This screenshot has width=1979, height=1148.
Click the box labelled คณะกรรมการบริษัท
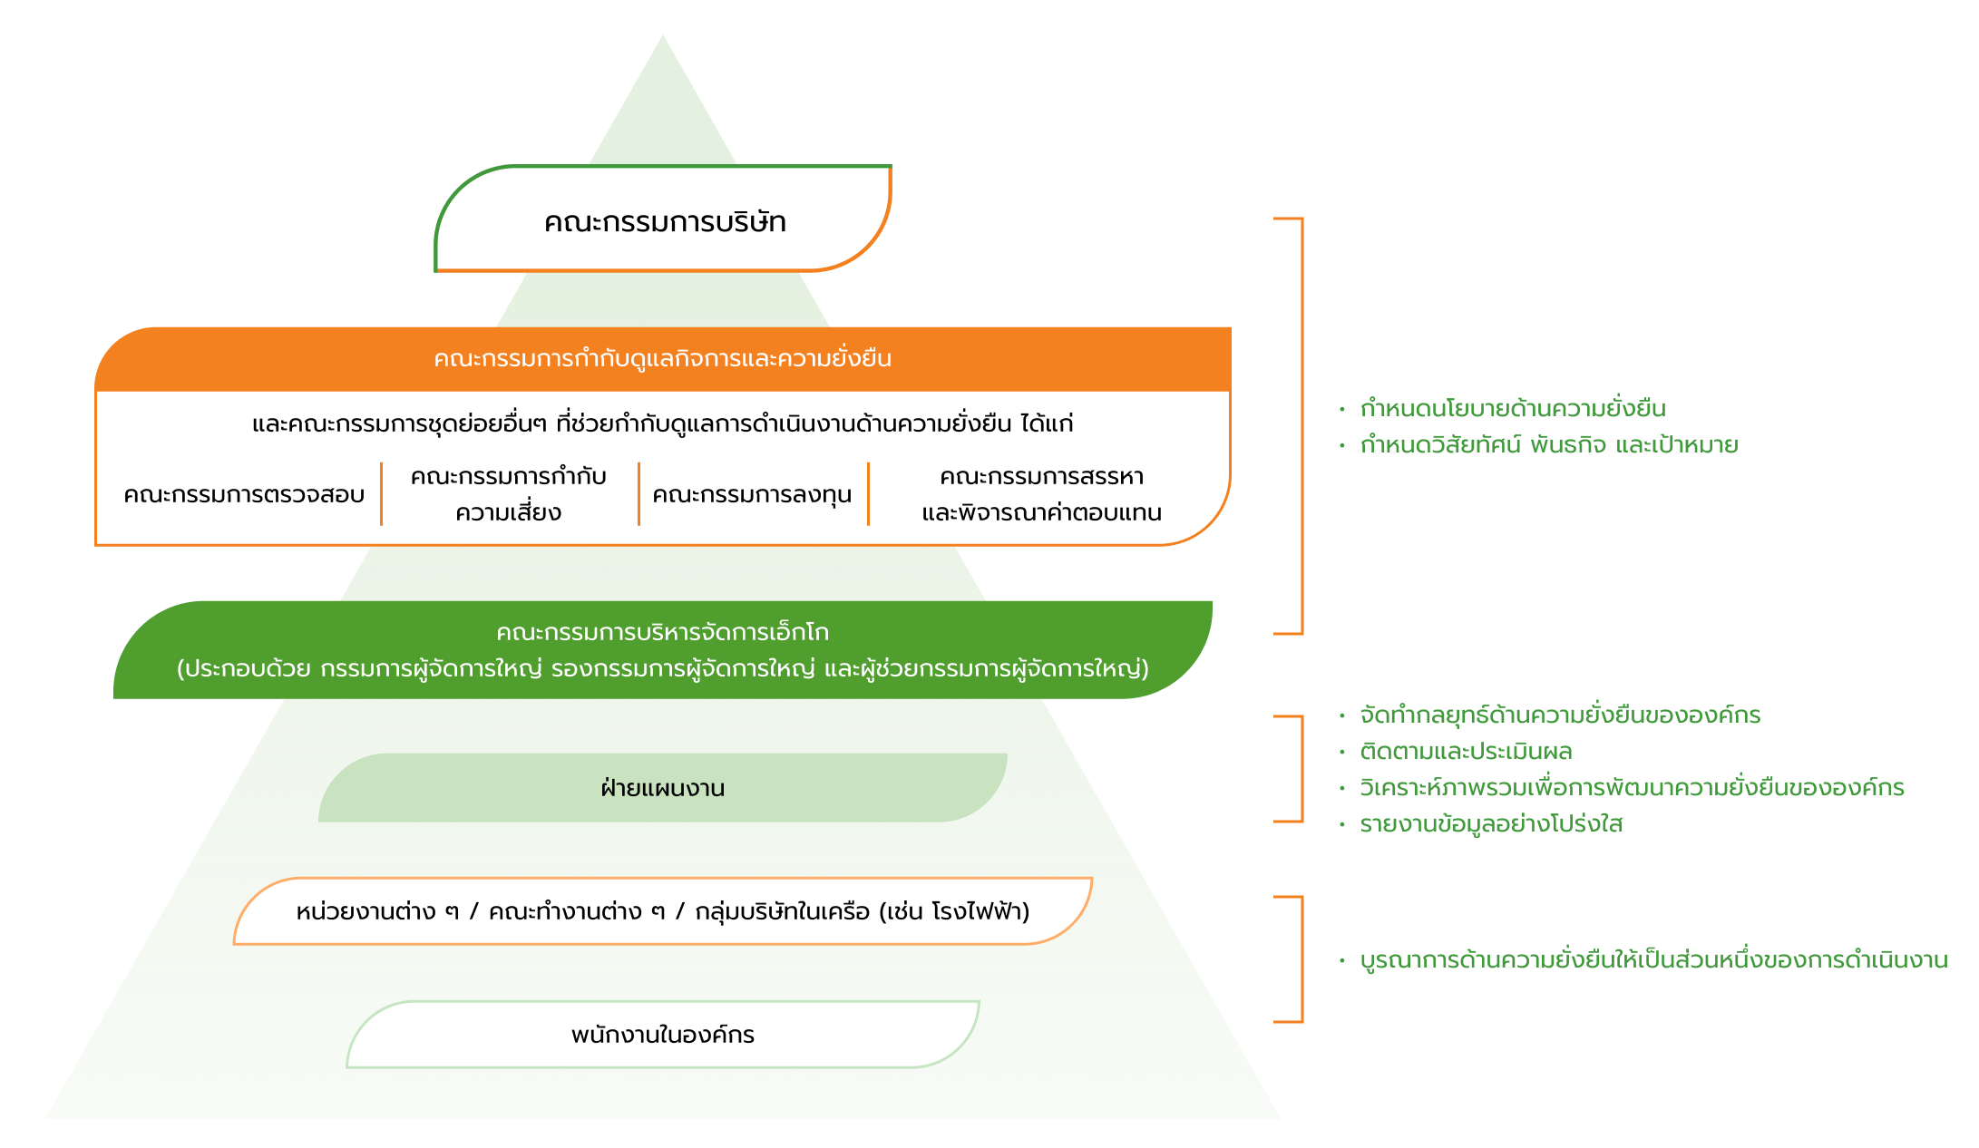click(x=664, y=222)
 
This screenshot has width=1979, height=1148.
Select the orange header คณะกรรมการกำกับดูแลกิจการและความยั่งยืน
click(x=662, y=359)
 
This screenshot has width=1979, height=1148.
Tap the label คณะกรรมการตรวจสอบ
click(x=244, y=495)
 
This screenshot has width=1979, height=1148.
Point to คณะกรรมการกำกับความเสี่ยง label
click(x=508, y=494)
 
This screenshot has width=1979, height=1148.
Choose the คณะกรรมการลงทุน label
click(x=752, y=495)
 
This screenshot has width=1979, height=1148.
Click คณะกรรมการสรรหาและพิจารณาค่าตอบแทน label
click(x=1041, y=494)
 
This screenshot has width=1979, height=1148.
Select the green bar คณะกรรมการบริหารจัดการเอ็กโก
click(x=662, y=650)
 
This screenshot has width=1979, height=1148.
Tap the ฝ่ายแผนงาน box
click(x=662, y=788)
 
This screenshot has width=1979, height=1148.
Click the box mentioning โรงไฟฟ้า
click(x=662, y=911)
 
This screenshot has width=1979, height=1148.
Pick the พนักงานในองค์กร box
click(x=662, y=1035)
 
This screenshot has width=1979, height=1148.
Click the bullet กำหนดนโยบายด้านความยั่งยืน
click(x=1512, y=409)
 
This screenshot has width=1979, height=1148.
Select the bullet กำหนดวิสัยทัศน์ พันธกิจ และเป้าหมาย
click(x=1548, y=445)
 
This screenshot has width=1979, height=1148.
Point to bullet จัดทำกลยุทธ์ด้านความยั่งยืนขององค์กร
click(x=1559, y=715)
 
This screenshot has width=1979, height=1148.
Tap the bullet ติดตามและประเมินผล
click(x=1466, y=752)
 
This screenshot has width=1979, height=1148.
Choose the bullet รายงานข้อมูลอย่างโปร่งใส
click(x=1490, y=824)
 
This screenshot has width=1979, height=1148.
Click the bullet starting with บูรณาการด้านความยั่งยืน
click(x=1652, y=960)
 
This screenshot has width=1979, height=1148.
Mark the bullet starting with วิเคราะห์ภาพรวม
click(x=1631, y=788)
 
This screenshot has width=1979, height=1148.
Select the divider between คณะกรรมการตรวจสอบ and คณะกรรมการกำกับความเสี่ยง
click(x=382, y=494)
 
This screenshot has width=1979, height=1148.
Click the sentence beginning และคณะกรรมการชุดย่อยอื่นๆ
click(x=662, y=423)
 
